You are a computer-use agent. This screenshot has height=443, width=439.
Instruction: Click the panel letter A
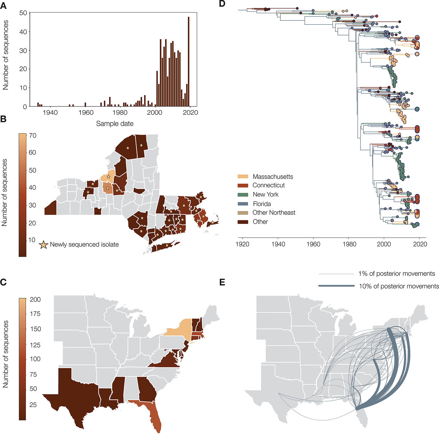4,6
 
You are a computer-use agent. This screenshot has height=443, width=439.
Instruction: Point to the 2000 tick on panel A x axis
155,113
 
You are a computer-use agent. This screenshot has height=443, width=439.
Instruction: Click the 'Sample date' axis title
115,124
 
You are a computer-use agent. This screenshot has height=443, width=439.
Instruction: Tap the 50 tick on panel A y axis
23,13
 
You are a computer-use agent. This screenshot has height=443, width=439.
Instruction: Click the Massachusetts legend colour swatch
243,176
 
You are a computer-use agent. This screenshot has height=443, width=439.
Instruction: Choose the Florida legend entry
262,204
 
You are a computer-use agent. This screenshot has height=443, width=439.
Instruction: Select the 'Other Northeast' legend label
274,213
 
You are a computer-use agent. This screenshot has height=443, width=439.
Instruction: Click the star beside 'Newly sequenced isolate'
44,245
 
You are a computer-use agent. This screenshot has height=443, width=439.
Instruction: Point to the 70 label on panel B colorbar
33,135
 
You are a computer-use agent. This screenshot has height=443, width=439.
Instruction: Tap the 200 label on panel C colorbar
35,299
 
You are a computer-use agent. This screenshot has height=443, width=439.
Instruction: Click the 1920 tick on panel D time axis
242,244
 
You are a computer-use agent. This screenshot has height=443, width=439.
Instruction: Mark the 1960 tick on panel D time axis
313,244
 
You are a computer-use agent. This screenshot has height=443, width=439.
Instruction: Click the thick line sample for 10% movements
336,286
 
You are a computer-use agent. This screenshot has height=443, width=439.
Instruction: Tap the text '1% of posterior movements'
397,274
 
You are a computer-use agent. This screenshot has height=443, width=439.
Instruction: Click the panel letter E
222,282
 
